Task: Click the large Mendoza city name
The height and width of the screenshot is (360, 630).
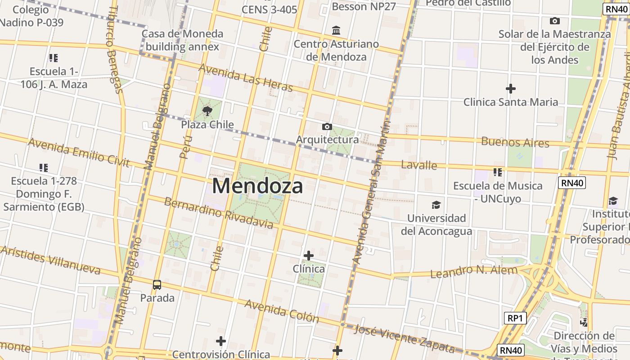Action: (x=257, y=186)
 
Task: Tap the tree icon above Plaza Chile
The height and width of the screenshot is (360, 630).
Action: (x=207, y=111)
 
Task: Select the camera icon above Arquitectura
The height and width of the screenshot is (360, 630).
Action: (x=327, y=127)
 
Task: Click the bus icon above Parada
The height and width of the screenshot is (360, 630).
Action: (x=157, y=284)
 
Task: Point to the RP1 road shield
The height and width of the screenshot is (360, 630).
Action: (x=514, y=318)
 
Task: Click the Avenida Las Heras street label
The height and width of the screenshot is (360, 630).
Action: (x=245, y=77)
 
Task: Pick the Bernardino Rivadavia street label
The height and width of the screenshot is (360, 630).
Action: (x=218, y=212)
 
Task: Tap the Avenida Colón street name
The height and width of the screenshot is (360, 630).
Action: (x=282, y=311)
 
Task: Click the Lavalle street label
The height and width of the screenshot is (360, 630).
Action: (x=418, y=165)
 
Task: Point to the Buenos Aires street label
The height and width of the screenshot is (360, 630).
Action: (x=515, y=142)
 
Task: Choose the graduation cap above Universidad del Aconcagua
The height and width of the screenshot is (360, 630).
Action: (x=436, y=205)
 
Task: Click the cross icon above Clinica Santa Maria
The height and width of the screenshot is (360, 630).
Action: (x=510, y=89)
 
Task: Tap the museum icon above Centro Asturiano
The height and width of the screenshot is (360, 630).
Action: (x=336, y=31)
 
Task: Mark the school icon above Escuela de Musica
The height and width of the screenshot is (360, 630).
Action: (x=497, y=172)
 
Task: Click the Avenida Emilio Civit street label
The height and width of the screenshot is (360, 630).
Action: (x=79, y=153)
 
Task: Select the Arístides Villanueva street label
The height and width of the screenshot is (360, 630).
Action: (x=50, y=260)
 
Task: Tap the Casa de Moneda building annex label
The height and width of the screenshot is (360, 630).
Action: (x=182, y=40)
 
